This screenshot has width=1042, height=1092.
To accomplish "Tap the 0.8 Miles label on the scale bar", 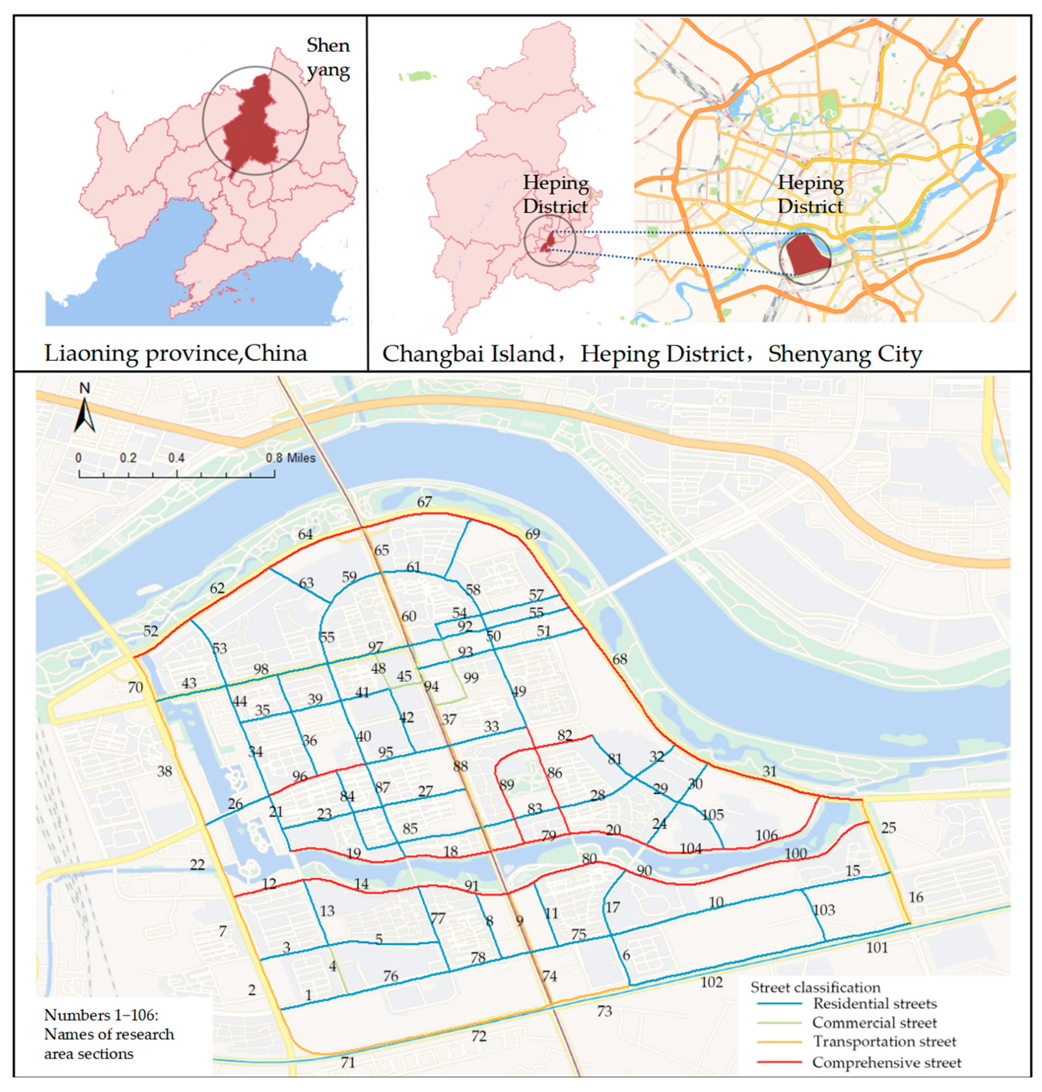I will coord(290,458).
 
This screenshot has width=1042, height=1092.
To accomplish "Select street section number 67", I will coord(424,502).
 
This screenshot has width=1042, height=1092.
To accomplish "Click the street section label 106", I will coord(766,835).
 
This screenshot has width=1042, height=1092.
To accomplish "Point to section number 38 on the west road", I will coord(165,771).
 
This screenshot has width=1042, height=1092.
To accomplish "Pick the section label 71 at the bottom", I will coord(348,1063).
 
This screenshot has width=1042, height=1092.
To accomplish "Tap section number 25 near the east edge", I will coord(889,828).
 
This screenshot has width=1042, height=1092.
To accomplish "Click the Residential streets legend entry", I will coord(875,1003).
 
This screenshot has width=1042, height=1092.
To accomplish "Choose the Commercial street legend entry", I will coord(874,1023).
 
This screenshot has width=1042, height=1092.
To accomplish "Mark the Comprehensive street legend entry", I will coord(886,1062).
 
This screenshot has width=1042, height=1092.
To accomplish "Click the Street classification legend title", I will coord(816,987).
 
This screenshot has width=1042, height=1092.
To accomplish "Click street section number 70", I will coord(135,687).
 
